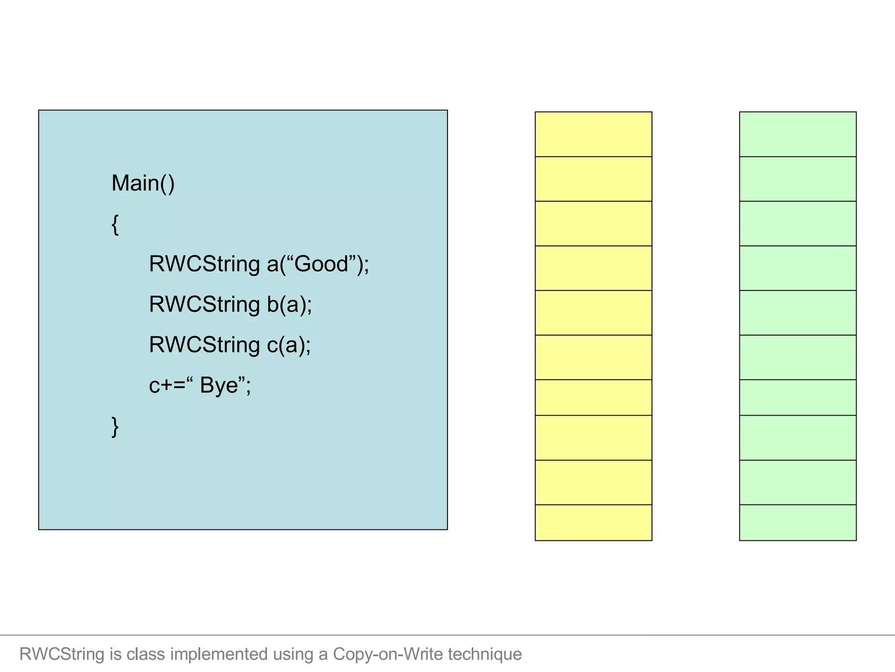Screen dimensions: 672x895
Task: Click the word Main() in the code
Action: coord(143,183)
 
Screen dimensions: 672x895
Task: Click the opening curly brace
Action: coord(115,224)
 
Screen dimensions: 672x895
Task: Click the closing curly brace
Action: coord(115,427)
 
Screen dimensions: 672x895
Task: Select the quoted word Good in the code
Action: coord(321,264)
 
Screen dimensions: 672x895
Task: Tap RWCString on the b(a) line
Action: coord(204,304)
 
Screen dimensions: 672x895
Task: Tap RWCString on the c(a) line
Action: coord(204,345)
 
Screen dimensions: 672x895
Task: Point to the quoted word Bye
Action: coord(219,385)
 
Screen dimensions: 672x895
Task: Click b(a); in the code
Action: coord(289,304)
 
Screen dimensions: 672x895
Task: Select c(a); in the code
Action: coord(288,345)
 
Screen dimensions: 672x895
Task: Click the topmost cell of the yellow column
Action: coord(593,134)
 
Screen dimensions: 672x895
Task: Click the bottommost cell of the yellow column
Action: coord(593,522)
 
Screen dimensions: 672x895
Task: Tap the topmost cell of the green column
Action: coord(798,134)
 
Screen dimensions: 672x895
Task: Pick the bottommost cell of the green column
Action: coord(798,522)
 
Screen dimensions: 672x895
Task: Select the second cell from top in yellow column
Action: coord(593,179)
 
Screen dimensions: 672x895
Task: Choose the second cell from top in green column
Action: coord(798,179)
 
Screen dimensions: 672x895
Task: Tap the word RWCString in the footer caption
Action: coord(62,654)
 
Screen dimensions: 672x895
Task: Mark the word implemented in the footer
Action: coord(219,654)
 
